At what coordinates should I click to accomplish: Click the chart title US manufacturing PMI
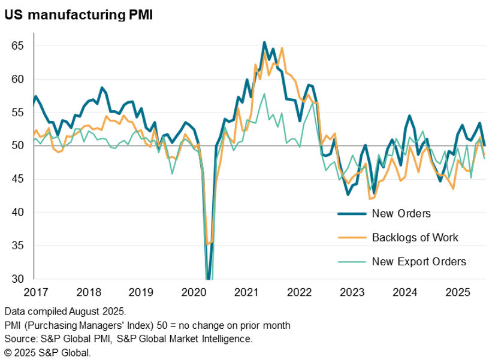point(78,15)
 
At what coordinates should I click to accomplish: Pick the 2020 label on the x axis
point(193,292)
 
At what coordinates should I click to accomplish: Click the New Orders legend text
point(401,213)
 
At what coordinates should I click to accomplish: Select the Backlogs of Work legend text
point(415,237)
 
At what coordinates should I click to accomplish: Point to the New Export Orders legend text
point(419,261)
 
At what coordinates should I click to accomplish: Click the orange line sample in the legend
point(351,237)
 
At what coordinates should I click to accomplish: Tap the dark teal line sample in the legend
point(351,213)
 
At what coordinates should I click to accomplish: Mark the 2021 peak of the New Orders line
point(264,43)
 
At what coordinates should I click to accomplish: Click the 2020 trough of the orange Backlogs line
point(208,244)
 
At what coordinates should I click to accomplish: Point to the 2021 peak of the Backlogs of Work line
point(282,49)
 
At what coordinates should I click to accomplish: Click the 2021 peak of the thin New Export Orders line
point(264,93)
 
